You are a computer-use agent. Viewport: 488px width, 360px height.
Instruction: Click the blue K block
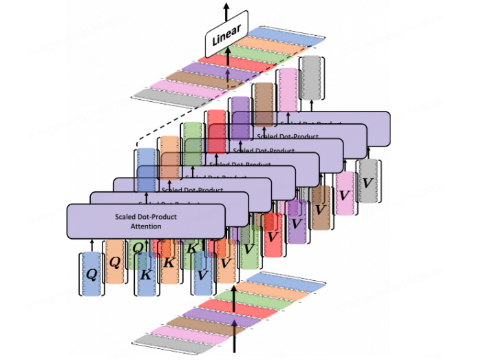tap(146, 274)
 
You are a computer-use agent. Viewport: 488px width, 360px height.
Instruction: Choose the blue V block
tap(202, 274)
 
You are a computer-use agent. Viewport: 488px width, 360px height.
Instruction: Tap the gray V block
tap(368, 183)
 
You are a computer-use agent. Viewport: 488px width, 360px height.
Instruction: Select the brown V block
tap(320, 207)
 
